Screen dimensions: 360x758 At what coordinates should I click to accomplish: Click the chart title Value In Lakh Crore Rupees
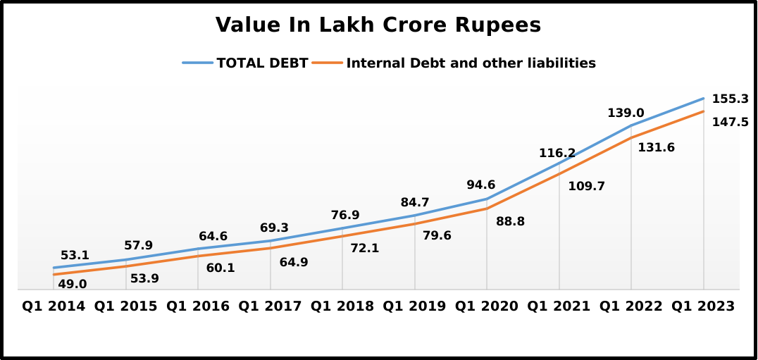[x=378, y=25]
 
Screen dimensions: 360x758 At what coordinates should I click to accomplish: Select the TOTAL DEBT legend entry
[x=262, y=63]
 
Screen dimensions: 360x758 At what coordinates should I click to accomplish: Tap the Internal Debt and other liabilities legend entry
[x=471, y=63]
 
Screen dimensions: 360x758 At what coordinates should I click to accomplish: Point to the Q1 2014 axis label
[x=54, y=306]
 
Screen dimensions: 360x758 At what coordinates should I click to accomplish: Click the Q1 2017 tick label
[x=270, y=306]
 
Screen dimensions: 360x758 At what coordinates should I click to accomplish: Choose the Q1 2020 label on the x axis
[x=487, y=306]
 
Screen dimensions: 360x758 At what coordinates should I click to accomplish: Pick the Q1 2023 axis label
[x=703, y=306]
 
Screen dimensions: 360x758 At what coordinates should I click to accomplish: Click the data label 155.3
[x=730, y=99]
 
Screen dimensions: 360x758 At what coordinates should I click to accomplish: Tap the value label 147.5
[x=730, y=122]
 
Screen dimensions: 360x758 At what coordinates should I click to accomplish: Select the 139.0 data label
[x=626, y=113]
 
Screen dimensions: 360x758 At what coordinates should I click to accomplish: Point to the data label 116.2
[x=557, y=153]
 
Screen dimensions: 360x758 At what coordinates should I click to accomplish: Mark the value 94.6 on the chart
[x=481, y=185]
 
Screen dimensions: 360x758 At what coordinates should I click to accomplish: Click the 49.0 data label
[x=73, y=284]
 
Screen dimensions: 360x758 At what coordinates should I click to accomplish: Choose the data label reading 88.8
[x=511, y=221]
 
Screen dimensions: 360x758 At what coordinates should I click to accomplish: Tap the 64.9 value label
[x=294, y=262]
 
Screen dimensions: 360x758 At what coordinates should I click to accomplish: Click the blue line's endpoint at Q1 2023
[x=704, y=99]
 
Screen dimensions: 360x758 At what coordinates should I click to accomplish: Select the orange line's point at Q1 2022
[x=631, y=137]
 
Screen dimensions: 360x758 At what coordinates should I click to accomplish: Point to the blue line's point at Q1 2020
[x=487, y=199]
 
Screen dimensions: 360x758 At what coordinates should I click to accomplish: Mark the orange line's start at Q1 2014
[x=54, y=274]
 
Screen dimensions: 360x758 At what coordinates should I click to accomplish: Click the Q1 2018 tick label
[x=342, y=306]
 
